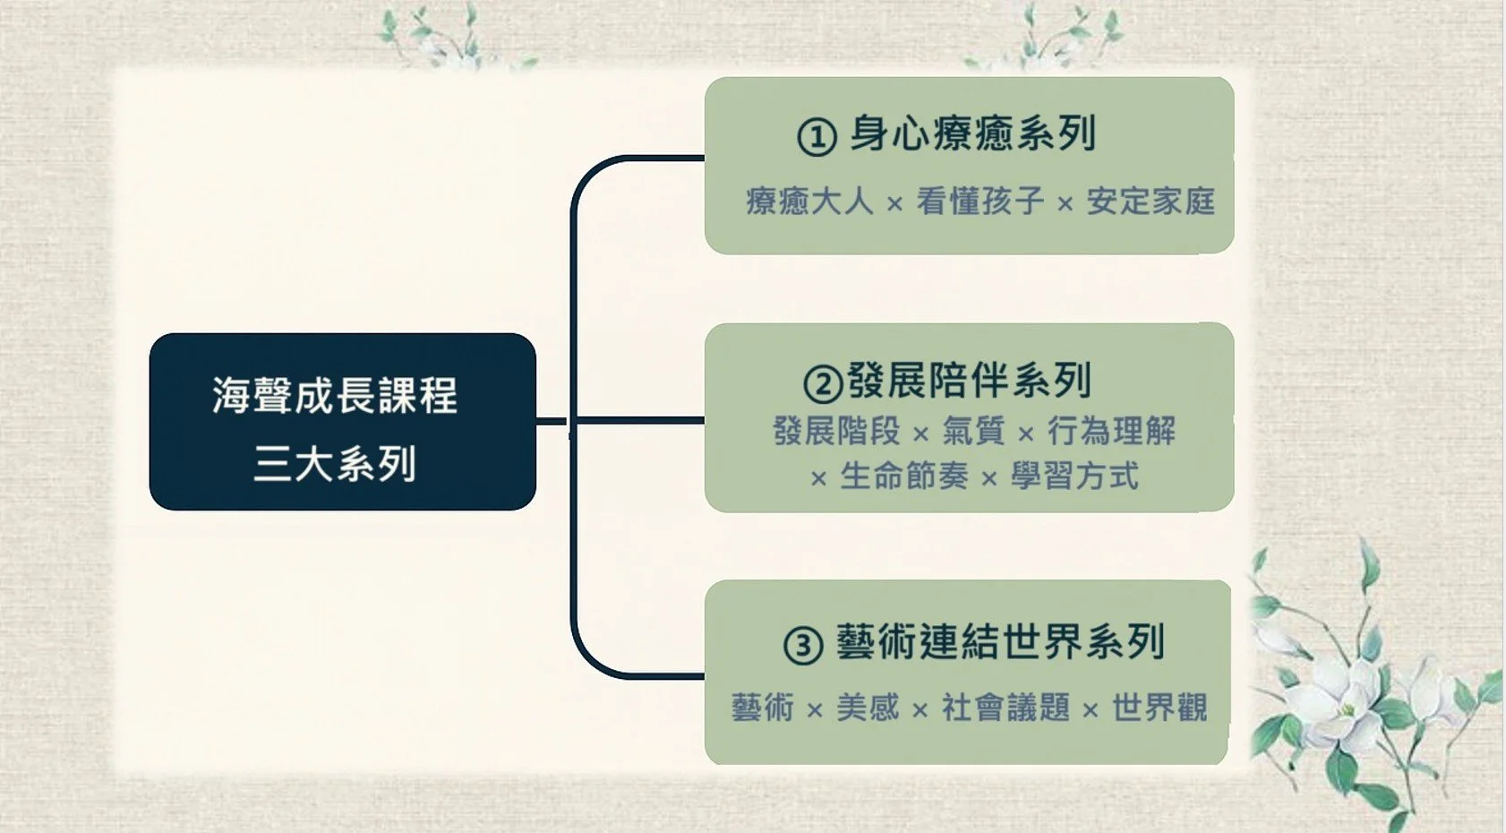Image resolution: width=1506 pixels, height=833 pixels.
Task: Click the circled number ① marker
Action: pos(817,137)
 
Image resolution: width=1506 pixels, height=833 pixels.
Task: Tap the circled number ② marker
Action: pos(823,383)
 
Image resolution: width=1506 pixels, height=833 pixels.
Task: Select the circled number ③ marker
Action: pos(803,645)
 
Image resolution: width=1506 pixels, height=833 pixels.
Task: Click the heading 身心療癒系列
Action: pos(972,134)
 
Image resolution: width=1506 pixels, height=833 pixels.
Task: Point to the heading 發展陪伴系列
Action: pos(969,381)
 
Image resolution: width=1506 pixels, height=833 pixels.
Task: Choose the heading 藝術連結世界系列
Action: pos(1000,642)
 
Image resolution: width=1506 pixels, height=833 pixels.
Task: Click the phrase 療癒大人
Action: pos(809,202)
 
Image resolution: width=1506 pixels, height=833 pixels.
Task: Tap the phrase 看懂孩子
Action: pos(980,202)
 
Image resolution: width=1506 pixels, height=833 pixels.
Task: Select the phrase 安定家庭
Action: pos(1151,202)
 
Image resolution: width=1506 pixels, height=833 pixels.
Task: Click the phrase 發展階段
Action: pos(836,432)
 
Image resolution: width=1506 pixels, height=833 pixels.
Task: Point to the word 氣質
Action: pos(973,432)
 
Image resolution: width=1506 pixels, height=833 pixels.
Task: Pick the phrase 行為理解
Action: pos(1111,432)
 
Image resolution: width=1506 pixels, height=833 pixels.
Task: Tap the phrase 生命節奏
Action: pos(903,477)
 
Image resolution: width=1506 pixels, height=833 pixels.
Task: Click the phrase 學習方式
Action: pos(1074,477)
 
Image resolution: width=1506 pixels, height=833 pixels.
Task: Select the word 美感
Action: pos(868,708)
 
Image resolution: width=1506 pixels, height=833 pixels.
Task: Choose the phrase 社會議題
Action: pos(1005,708)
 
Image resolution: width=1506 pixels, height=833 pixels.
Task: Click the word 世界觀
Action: pos(1159,708)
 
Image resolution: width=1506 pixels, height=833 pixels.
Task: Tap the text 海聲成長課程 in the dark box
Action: pos(335,395)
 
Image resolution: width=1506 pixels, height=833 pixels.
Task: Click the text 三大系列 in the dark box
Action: pos(335,464)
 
